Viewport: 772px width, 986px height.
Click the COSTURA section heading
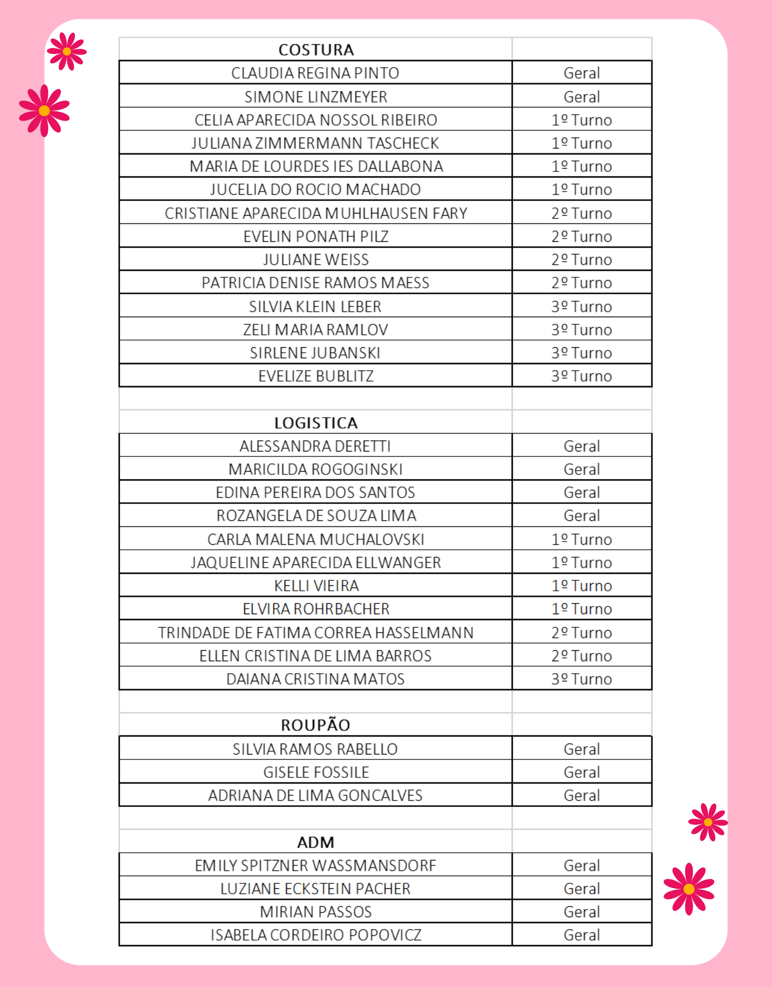click(316, 50)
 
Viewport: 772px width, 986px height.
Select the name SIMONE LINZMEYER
click(316, 97)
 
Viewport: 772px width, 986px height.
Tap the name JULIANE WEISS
click(316, 259)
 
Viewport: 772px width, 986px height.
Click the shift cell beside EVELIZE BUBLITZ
click(581, 376)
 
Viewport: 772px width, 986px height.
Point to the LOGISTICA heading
click(316, 423)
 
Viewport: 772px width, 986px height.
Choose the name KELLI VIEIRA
click(316, 586)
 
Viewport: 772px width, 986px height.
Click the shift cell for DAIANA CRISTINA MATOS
click(581, 679)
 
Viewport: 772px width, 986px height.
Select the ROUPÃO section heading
click(316, 725)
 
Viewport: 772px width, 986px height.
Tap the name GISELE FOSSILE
click(316, 772)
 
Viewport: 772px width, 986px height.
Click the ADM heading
click(316, 842)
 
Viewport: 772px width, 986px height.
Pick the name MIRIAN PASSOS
click(316, 912)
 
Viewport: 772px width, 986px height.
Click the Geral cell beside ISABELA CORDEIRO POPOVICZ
click(581, 935)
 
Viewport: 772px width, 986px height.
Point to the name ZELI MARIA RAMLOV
click(316, 330)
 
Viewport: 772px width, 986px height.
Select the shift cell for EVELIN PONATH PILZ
click(581, 236)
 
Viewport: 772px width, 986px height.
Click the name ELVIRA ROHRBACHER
click(316, 609)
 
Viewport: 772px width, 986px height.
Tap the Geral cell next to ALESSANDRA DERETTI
click(581, 446)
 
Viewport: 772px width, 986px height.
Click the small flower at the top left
click(67, 51)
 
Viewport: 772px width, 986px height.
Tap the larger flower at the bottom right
click(689, 889)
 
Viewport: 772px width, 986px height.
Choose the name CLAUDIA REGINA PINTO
click(315, 73)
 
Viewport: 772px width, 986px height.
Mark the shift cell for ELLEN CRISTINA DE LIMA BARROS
click(581, 656)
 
